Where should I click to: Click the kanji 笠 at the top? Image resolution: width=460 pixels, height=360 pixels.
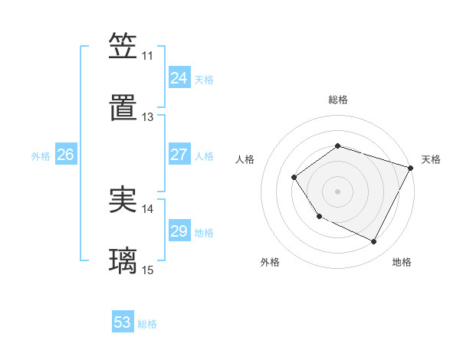click(x=123, y=46)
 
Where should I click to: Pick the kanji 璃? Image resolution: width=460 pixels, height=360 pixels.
click(x=123, y=261)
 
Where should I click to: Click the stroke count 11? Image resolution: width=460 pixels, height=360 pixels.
click(x=147, y=56)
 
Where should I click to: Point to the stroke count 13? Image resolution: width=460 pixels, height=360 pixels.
click(x=147, y=117)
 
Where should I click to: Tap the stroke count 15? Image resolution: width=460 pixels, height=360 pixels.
click(x=147, y=270)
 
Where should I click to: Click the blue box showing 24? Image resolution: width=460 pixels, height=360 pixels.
click(x=179, y=78)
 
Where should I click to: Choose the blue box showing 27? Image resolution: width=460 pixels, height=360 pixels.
click(x=179, y=155)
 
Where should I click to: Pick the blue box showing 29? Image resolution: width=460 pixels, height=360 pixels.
click(x=179, y=231)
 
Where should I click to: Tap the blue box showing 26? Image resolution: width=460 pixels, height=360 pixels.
click(x=65, y=155)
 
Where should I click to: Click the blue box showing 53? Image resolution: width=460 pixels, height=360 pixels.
click(x=123, y=322)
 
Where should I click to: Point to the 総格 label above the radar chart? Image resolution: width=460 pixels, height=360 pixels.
click(x=337, y=100)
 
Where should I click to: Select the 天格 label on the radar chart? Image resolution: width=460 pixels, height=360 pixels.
click(x=431, y=159)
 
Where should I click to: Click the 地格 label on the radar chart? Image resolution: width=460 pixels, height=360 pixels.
click(x=402, y=262)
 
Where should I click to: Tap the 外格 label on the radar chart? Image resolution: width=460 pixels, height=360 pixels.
click(x=270, y=262)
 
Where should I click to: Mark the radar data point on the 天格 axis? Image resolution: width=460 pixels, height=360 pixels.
click(x=411, y=167)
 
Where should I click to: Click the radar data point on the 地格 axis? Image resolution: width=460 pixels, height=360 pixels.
click(x=374, y=242)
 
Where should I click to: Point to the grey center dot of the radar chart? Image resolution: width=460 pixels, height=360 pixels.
click(x=337, y=191)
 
